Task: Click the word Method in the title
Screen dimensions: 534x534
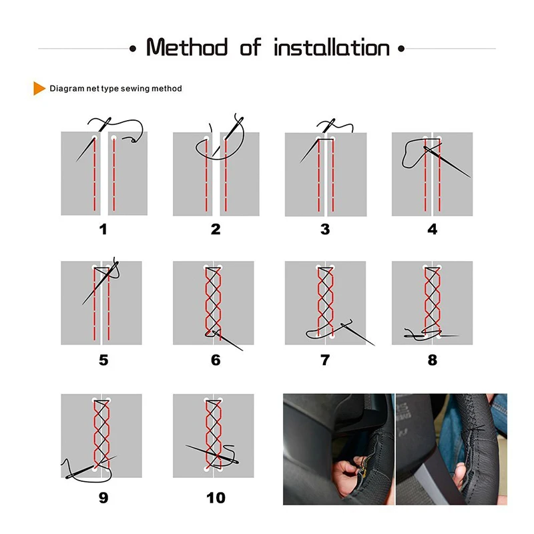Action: pyautogui.click(x=186, y=48)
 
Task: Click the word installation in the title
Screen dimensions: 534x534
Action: pyautogui.click(x=332, y=48)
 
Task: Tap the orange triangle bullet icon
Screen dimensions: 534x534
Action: pyautogui.click(x=39, y=88)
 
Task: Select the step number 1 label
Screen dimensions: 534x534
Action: pyautogui.click(x=103, y=230)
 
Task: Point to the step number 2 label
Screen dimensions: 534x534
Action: pyautogui.click(x=216, y=230)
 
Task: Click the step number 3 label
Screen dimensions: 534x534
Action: pyautogui.click(x=325, y=230)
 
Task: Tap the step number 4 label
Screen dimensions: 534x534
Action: pyautogui.click(x=433, y=230)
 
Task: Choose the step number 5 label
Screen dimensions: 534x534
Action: pyautogui.click(x=103, y=360)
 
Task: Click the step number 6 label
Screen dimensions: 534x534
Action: pyautogui.click(x=216, y=360)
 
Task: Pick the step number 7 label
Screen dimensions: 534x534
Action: pyautogui.click(x=325, y=360)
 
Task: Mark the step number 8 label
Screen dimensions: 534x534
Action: pyautogui.click(x=433, y=360)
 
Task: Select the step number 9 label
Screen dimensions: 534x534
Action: pyautogui.click(x=103, y=497)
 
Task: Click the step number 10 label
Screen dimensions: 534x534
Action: pyautogui.click(x=216, y=497)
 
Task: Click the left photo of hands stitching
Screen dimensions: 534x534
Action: pyautogui.click(x=338, y=449)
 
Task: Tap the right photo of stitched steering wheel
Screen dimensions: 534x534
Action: pyautogui.click(x=451, y=449)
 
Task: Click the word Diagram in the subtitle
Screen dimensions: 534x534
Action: pyautogui.click(x=65, y=88)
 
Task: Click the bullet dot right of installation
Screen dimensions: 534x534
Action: pyautogui.click(x=400, y=49)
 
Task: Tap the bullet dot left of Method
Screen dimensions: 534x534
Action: pyautogui.click(x=133, y=49)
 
